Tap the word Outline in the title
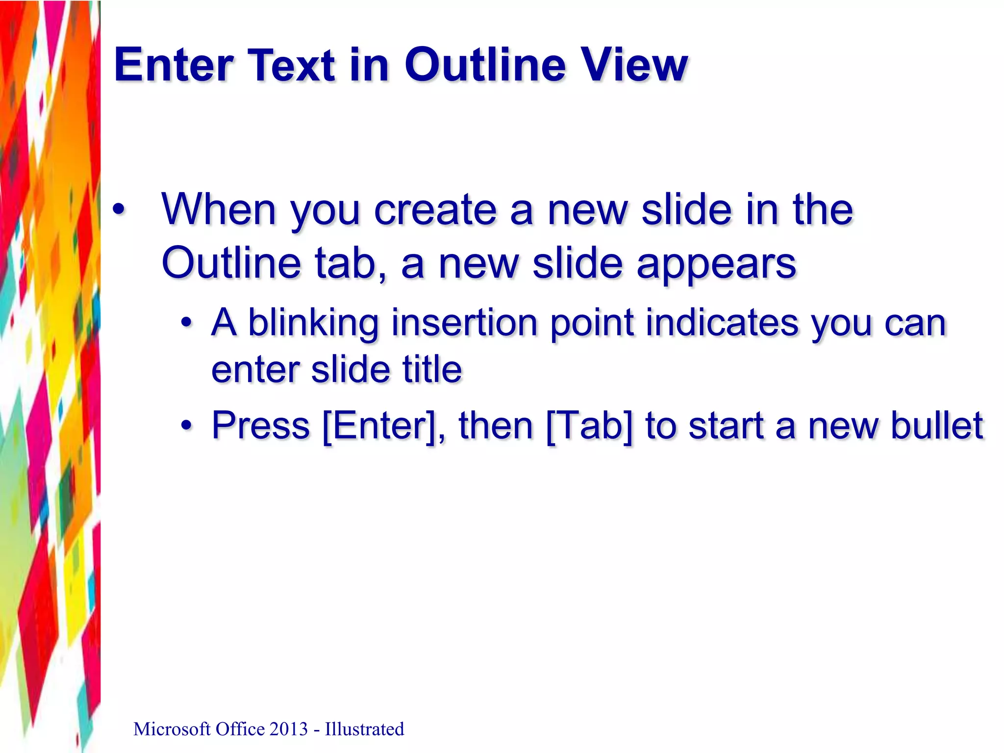(x=485, y=65)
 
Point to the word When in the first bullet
(x=219, y=209)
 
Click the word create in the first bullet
(x=435, y=209)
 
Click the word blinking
(x=313, y=324)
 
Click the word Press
(x=261, y=426)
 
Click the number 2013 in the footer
(x=288, y=729)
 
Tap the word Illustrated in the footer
(x=364, y=729)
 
